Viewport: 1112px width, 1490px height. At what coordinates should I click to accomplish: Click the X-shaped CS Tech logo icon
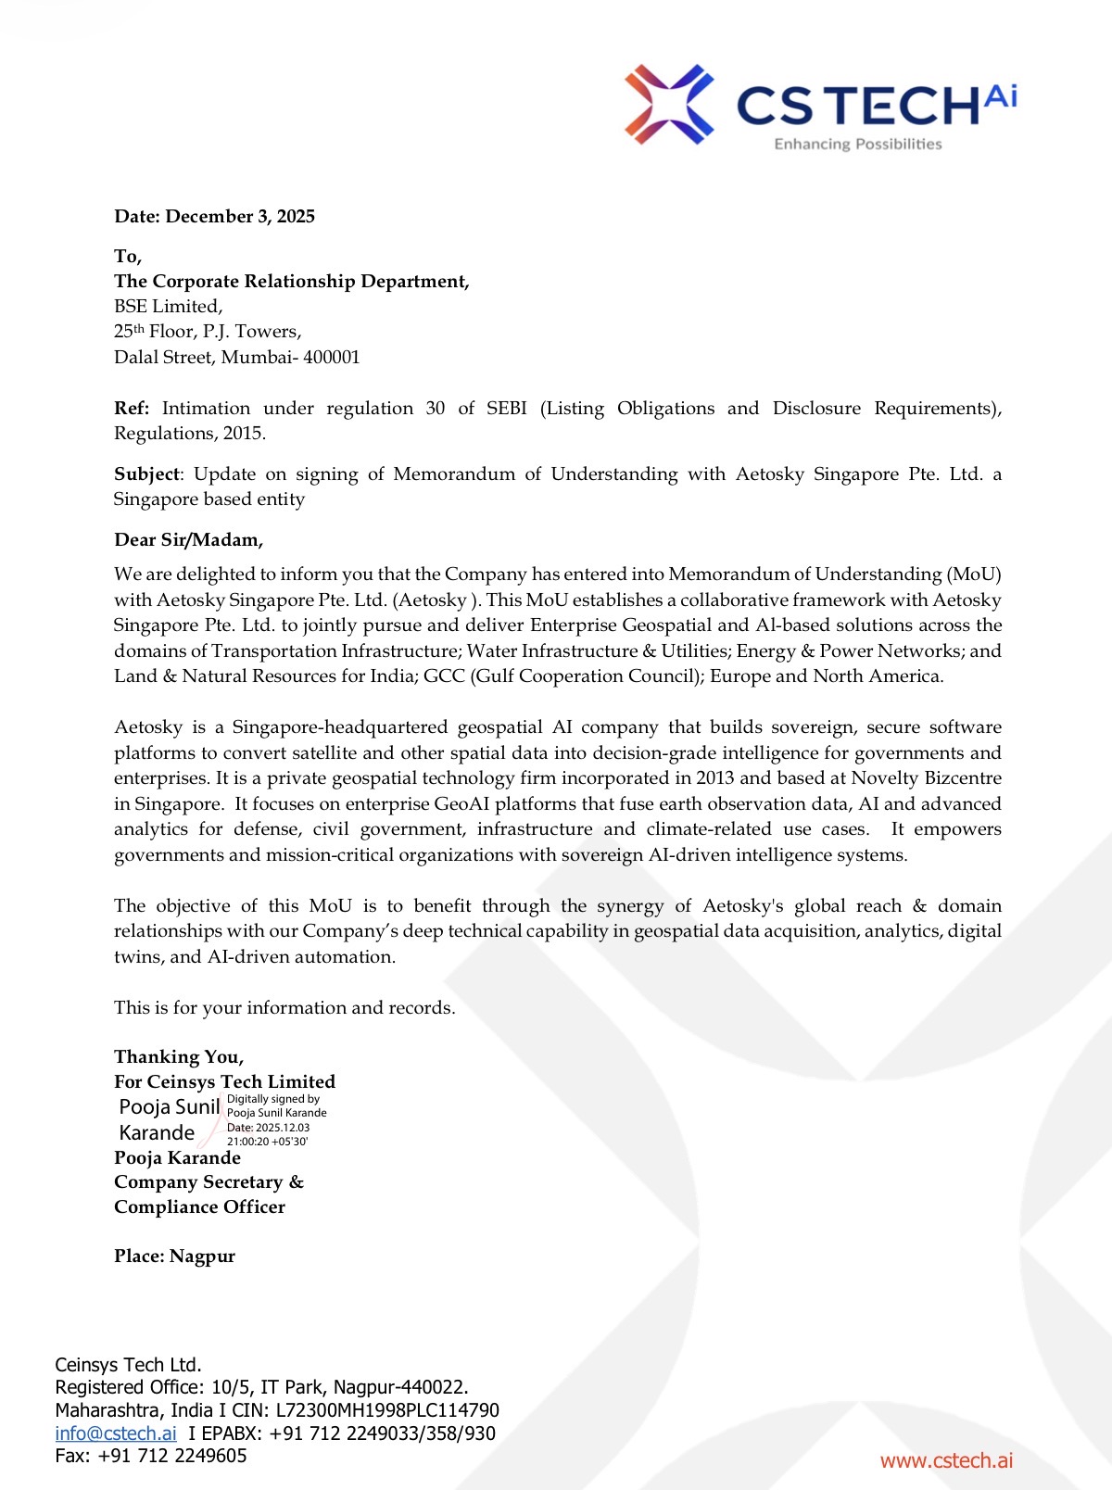pos(668,104)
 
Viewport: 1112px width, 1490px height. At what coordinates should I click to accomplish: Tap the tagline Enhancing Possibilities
pos(857,145)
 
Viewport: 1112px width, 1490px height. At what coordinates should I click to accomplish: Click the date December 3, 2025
pos(240,217)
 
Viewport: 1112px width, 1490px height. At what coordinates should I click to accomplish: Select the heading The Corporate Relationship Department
pos(291,282)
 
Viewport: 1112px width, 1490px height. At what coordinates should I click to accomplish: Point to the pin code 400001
pos(332,358)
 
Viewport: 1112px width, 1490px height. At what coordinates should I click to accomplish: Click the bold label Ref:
pos(132,409)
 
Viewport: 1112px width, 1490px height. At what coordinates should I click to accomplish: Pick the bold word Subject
pos(146,474)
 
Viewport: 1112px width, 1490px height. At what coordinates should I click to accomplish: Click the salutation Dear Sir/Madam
pos(188,540)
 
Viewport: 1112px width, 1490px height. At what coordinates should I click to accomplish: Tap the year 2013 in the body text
pos(715,778)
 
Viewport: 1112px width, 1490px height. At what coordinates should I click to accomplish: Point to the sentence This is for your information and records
pos(284,1008)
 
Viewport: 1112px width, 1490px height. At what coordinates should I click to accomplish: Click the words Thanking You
pos(179,1057)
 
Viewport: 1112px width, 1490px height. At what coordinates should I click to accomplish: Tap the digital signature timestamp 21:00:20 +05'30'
pos(268,1142)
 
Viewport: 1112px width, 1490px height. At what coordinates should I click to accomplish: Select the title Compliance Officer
pos(199,1207)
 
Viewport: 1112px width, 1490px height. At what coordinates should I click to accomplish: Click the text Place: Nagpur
pos(174,1256)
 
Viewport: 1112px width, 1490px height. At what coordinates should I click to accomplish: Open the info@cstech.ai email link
pos(116,1433)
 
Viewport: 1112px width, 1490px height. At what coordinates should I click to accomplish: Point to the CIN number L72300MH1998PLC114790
pos(387,1410)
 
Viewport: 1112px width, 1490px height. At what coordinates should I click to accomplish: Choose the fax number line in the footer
pos(151,1456)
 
